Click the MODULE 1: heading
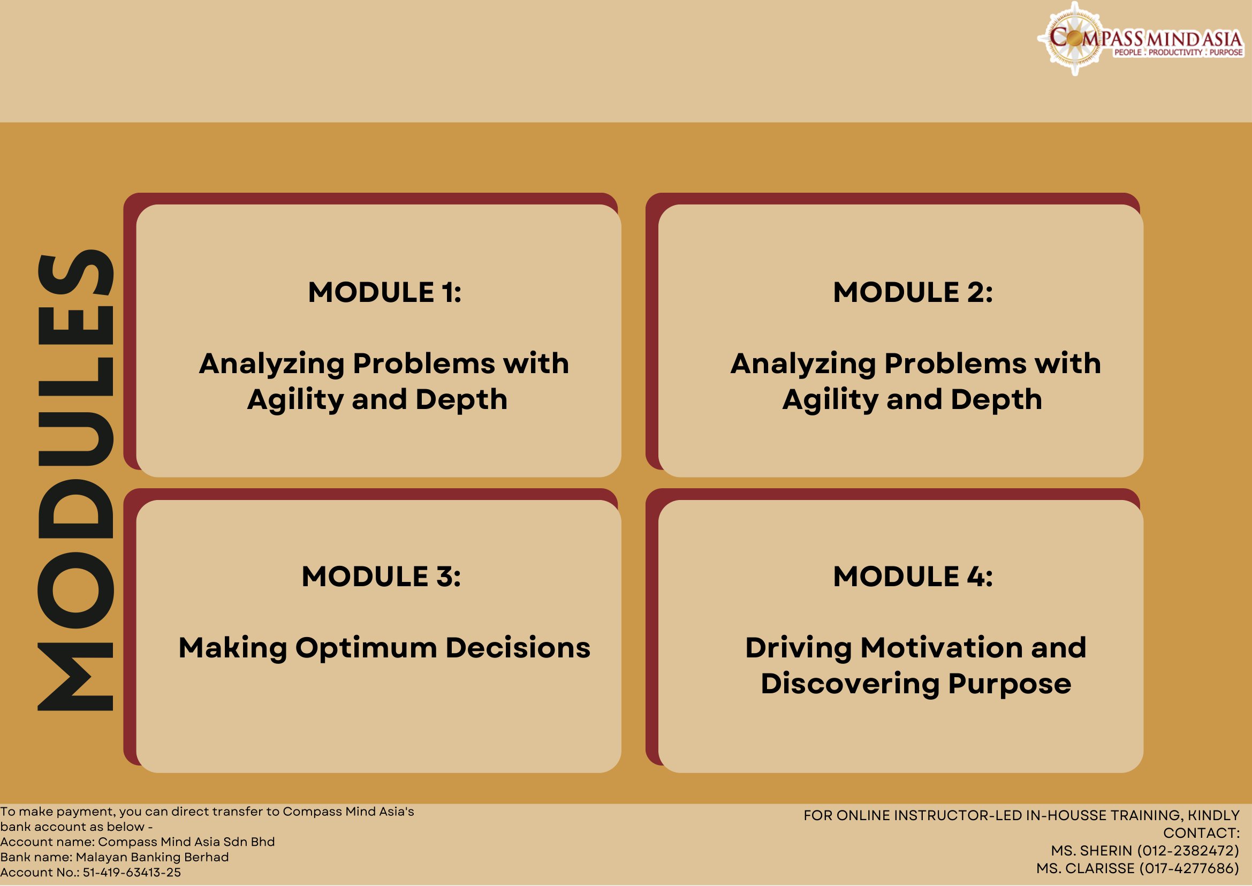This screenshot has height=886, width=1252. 385,292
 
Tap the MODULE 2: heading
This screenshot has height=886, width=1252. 913,292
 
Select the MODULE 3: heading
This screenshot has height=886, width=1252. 381,577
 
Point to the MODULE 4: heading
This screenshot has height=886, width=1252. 913,577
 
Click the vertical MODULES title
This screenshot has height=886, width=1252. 75,481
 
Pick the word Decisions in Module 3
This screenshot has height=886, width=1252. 518,648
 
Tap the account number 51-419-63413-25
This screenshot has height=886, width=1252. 132,872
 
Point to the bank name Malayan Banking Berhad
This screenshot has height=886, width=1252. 152,857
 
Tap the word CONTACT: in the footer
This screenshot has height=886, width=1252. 1201,833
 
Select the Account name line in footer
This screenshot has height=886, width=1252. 137,842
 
